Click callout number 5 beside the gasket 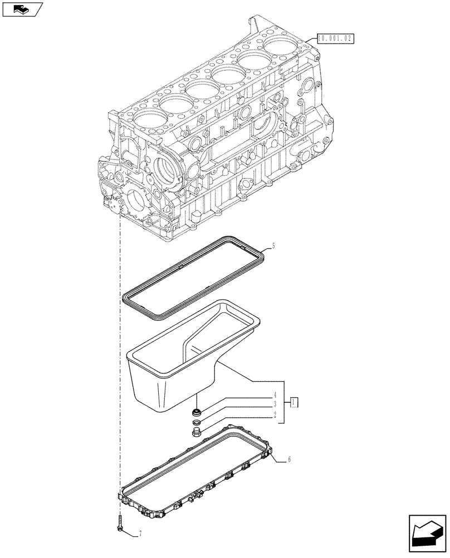coord(273,245)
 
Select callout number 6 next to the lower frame coord(289,460)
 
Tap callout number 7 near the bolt coord(140,534)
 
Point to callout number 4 coord(275,395)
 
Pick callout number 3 coord(275,403)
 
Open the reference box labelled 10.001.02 coord(335,39)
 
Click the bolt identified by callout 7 coord(120,523)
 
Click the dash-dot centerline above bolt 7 coord(120,363)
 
